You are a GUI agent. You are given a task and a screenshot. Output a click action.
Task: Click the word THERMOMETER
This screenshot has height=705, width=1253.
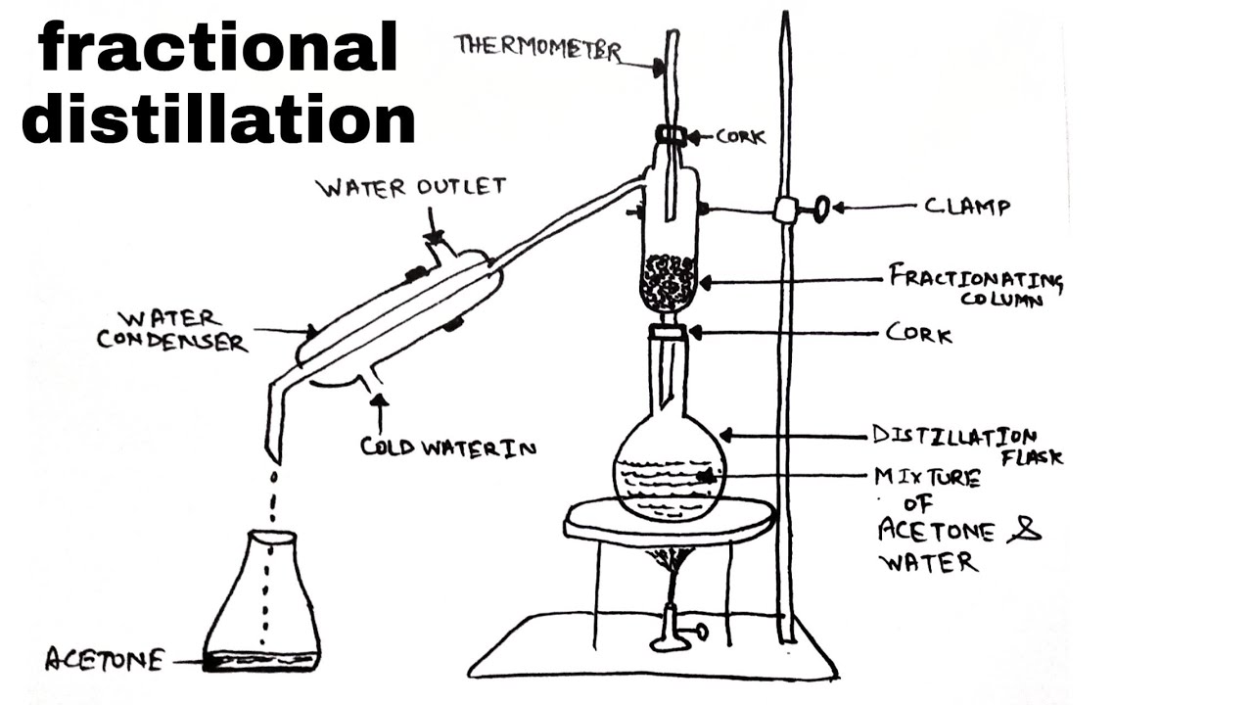537,46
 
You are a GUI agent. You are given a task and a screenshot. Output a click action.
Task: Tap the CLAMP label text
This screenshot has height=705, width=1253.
967,207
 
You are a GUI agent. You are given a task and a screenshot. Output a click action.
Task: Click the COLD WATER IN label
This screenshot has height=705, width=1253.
448,446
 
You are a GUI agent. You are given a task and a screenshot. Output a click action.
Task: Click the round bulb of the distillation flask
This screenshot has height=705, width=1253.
671,475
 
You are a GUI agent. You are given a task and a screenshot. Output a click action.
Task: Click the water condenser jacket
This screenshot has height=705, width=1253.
401,313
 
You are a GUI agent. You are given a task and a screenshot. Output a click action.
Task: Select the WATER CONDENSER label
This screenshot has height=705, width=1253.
183,330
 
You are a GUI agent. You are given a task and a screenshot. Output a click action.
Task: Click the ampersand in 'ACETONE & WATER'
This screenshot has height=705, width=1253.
1028,532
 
